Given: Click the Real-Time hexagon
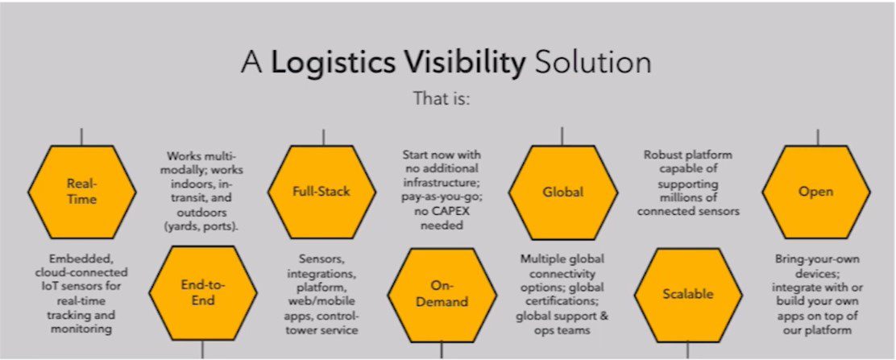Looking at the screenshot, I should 82,192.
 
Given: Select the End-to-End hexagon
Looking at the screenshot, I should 201,294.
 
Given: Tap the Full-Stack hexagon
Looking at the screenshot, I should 323,192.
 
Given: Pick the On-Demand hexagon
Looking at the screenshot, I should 442,294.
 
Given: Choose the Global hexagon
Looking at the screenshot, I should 563,192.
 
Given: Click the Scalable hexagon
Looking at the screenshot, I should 687,294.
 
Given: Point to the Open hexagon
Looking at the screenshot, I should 816,192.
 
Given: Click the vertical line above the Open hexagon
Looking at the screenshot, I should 817,136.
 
